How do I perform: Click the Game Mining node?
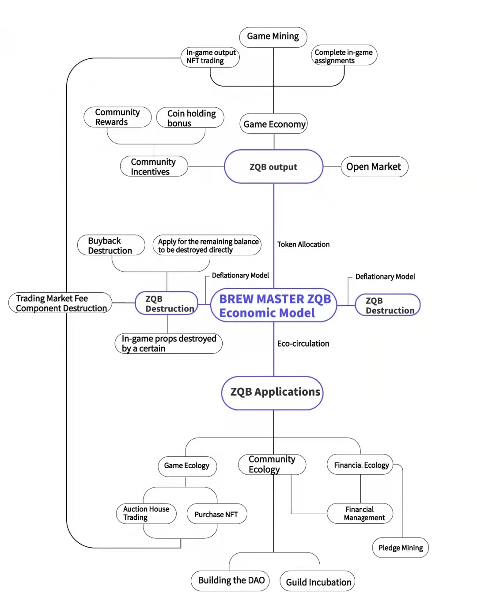click(273, 37)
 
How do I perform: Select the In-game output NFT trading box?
click(210, 57)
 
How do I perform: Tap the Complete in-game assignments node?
click(344, 55)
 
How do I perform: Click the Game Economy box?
click(274, 124)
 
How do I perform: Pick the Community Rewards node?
click(117, 117)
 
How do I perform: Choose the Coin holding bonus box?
click(190, 117)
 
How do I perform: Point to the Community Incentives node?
click(154, 166)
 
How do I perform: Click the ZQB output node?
click(274, 166)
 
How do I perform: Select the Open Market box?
click(375, 167)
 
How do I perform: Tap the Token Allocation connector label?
click(303, 244)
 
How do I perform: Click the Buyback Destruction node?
click(111, 245)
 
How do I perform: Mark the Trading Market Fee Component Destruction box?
click(61, 303)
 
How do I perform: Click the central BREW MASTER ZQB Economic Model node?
click(274, 305)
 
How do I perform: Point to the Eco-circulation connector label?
click(303, 344)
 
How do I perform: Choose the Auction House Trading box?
click(146, 514)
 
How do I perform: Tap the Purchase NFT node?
click(217, 514)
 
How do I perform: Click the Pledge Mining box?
click(401, 548)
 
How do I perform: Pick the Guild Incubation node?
click(318, 581)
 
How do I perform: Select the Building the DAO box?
click(230, 581)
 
